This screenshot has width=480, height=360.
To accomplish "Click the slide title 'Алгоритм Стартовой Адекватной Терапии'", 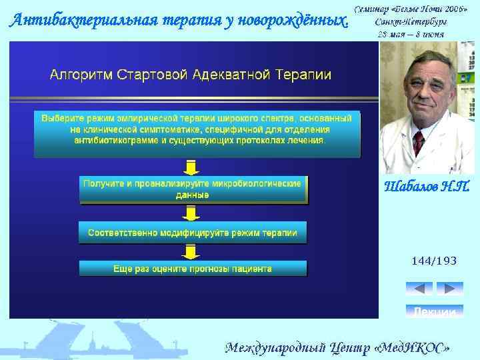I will click(x=191, y=74).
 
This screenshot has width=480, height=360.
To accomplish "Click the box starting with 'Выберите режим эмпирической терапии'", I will click(x=197, y=129).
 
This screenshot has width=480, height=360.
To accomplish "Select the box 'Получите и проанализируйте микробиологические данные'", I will click(x=193, y=189).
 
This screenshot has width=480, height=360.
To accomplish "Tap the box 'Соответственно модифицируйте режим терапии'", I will click(x=193, y=233).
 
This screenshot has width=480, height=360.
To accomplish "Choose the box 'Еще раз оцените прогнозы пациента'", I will click(x=193, y=269).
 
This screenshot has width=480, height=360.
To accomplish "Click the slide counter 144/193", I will click(x=434, y=261).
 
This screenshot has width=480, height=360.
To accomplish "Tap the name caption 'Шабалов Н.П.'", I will click(x=427, y=186).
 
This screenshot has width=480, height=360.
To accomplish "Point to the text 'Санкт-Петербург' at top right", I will click(x=411, y=21).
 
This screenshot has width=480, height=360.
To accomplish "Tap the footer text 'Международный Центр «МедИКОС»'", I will click(x=337, y=347).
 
